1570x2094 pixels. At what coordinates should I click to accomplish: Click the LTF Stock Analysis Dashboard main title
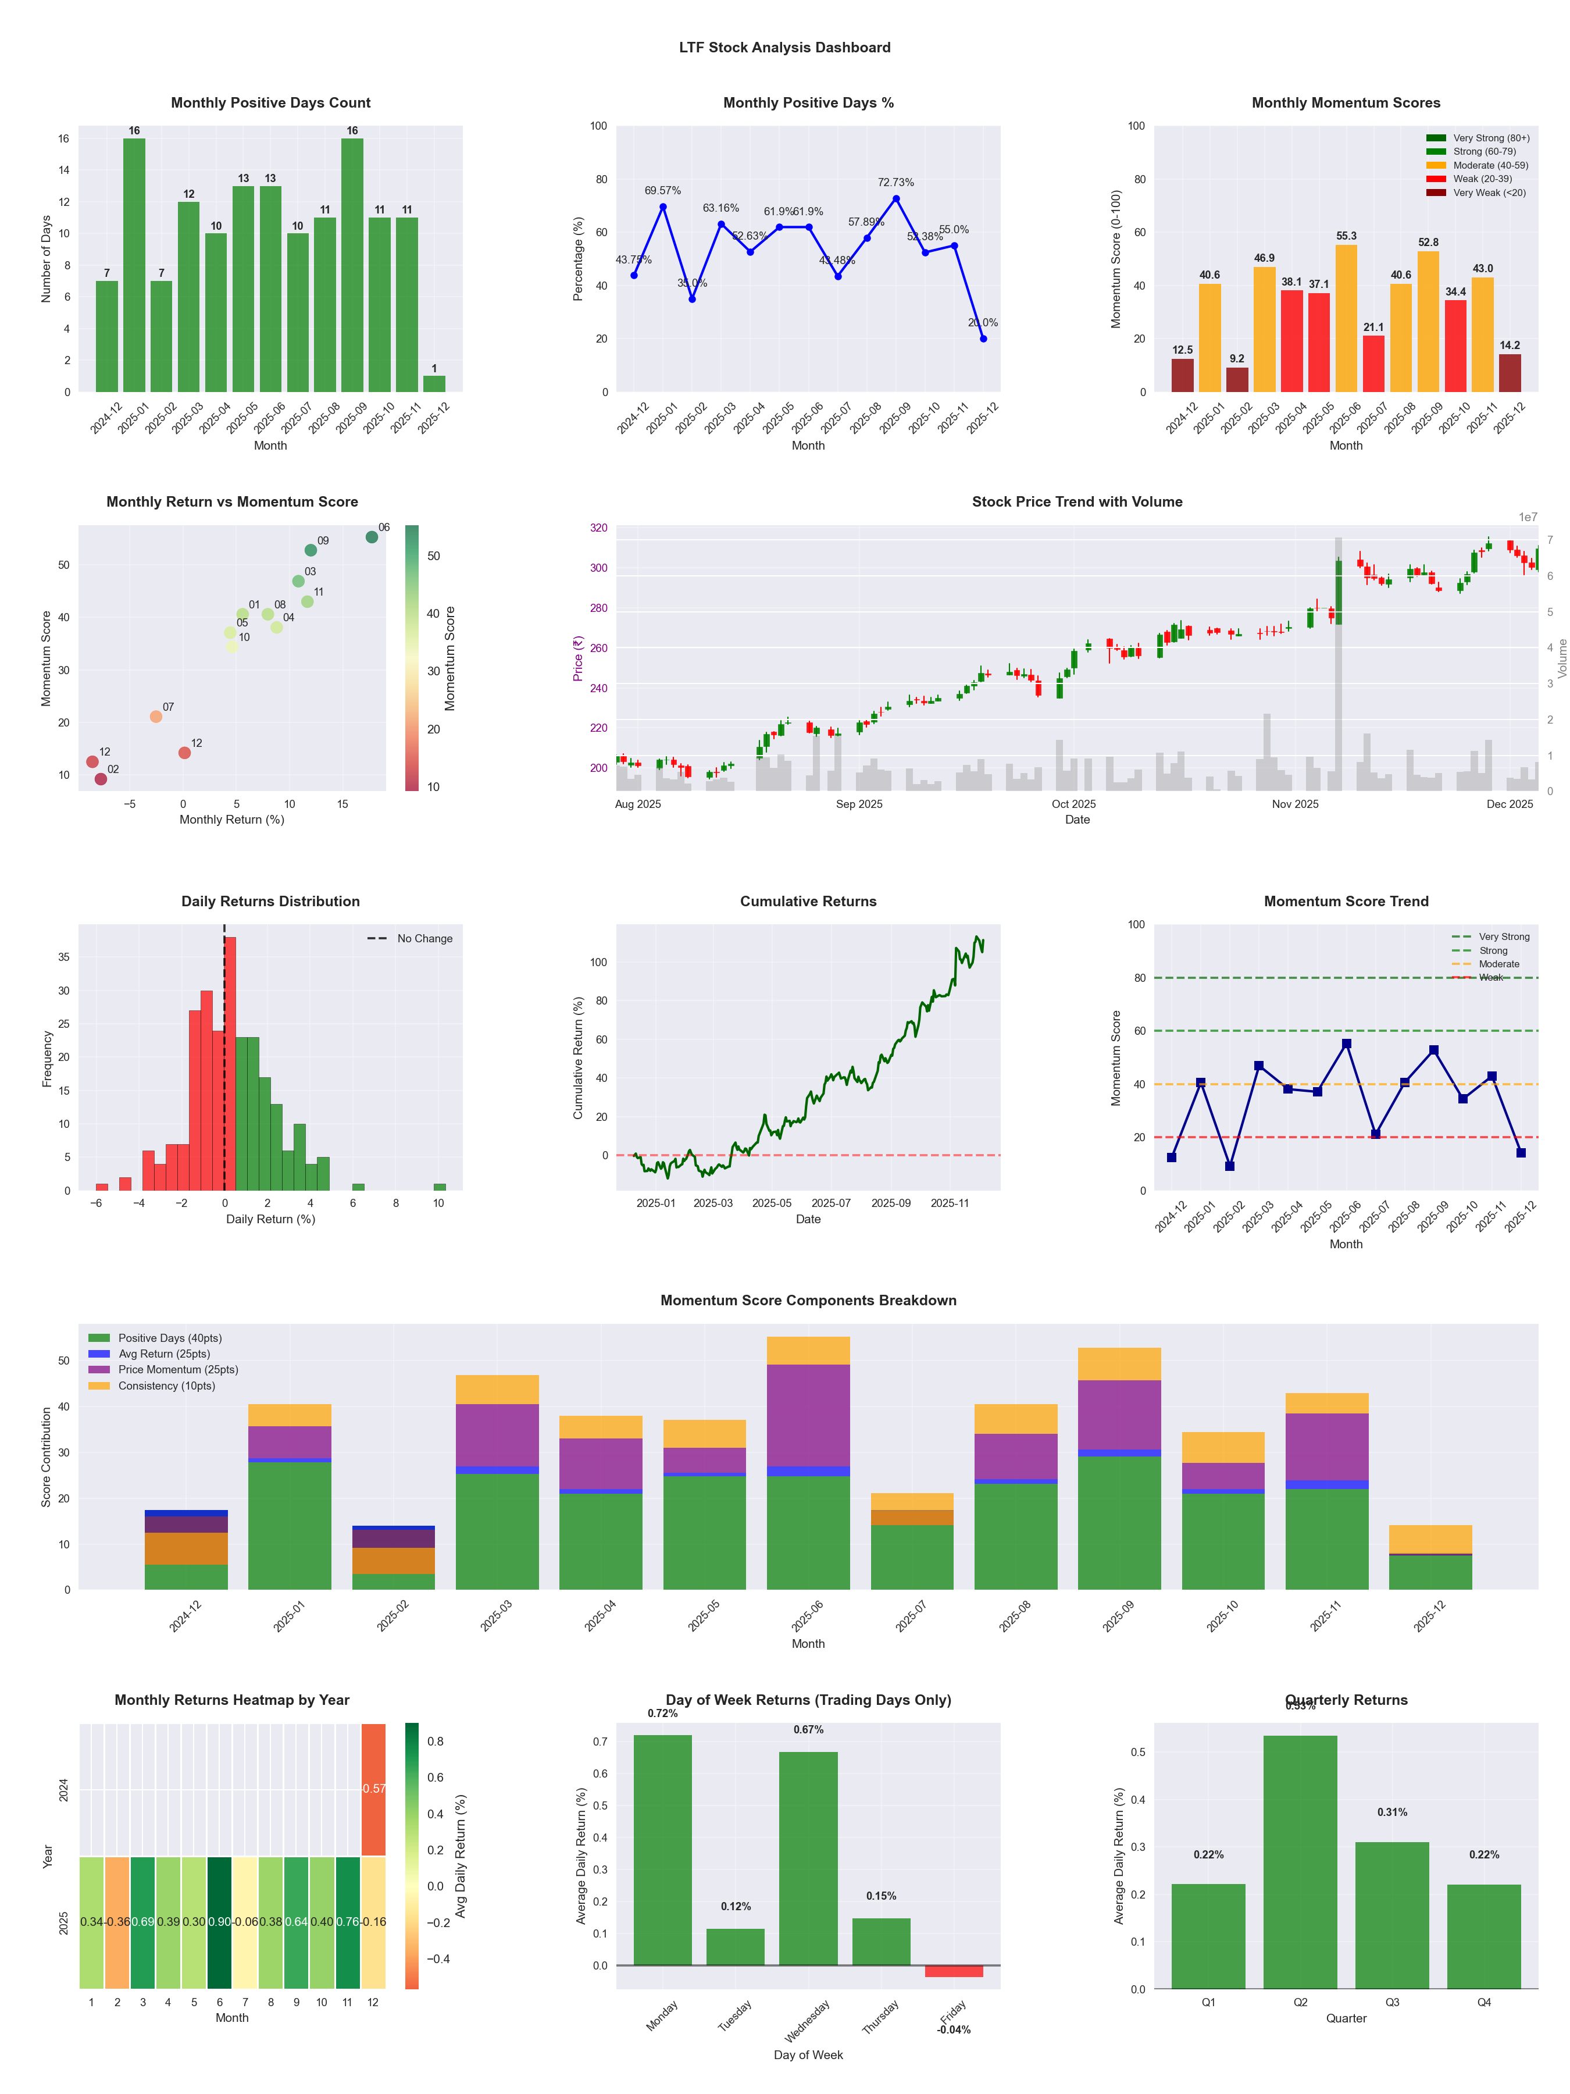(784, 47)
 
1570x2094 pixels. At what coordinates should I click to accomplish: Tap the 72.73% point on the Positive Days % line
(896, 199)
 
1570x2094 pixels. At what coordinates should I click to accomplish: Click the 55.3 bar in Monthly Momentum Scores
(1346, 318)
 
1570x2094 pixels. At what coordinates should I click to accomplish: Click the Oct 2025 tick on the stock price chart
(1073, 804)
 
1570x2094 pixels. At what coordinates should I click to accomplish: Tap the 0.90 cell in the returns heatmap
(220, 1922)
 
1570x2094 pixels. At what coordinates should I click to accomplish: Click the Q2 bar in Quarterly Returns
(1300, 1861)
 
